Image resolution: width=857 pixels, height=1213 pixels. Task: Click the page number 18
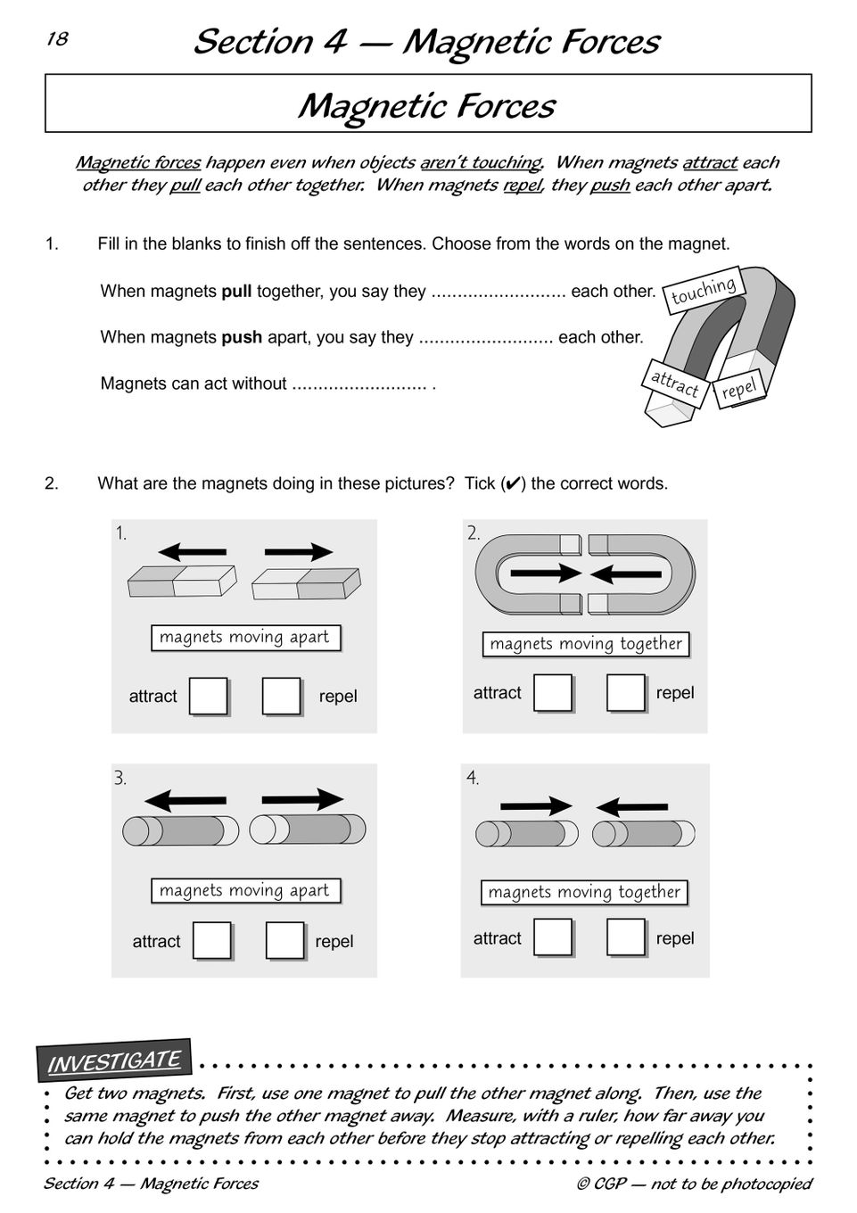click(57, 39)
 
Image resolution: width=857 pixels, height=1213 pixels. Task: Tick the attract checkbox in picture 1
click(209, 697)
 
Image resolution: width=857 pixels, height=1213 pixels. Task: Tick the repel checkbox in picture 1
click(281, 697)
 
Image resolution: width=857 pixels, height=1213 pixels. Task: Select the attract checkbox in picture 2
click(553, 693)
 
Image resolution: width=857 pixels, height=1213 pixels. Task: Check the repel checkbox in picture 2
click(625, 693)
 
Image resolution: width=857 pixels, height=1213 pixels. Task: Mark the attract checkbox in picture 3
click(212, 941)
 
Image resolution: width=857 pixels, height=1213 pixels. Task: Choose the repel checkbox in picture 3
click(284, 941)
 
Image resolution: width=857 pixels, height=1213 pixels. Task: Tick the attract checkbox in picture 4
click(553, 937)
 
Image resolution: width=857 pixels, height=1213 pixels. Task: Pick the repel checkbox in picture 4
click(625, 937)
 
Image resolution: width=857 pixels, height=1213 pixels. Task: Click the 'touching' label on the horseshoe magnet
click(704, 291)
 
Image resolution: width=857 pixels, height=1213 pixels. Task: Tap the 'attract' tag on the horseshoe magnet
click(674, 384)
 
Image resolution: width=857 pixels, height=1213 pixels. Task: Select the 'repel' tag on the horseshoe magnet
click(738, 390)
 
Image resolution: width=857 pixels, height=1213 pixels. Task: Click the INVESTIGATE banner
click(114, 1061)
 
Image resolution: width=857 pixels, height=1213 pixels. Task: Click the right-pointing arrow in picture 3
click(302, 799)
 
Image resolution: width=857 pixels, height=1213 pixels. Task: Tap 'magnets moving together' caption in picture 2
click(585, 644)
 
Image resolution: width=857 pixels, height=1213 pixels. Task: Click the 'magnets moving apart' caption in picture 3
click(244, 890)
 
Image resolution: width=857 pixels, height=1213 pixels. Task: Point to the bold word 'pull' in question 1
click(236, 292)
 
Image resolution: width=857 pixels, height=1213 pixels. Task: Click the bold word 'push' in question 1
click(242, 338)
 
